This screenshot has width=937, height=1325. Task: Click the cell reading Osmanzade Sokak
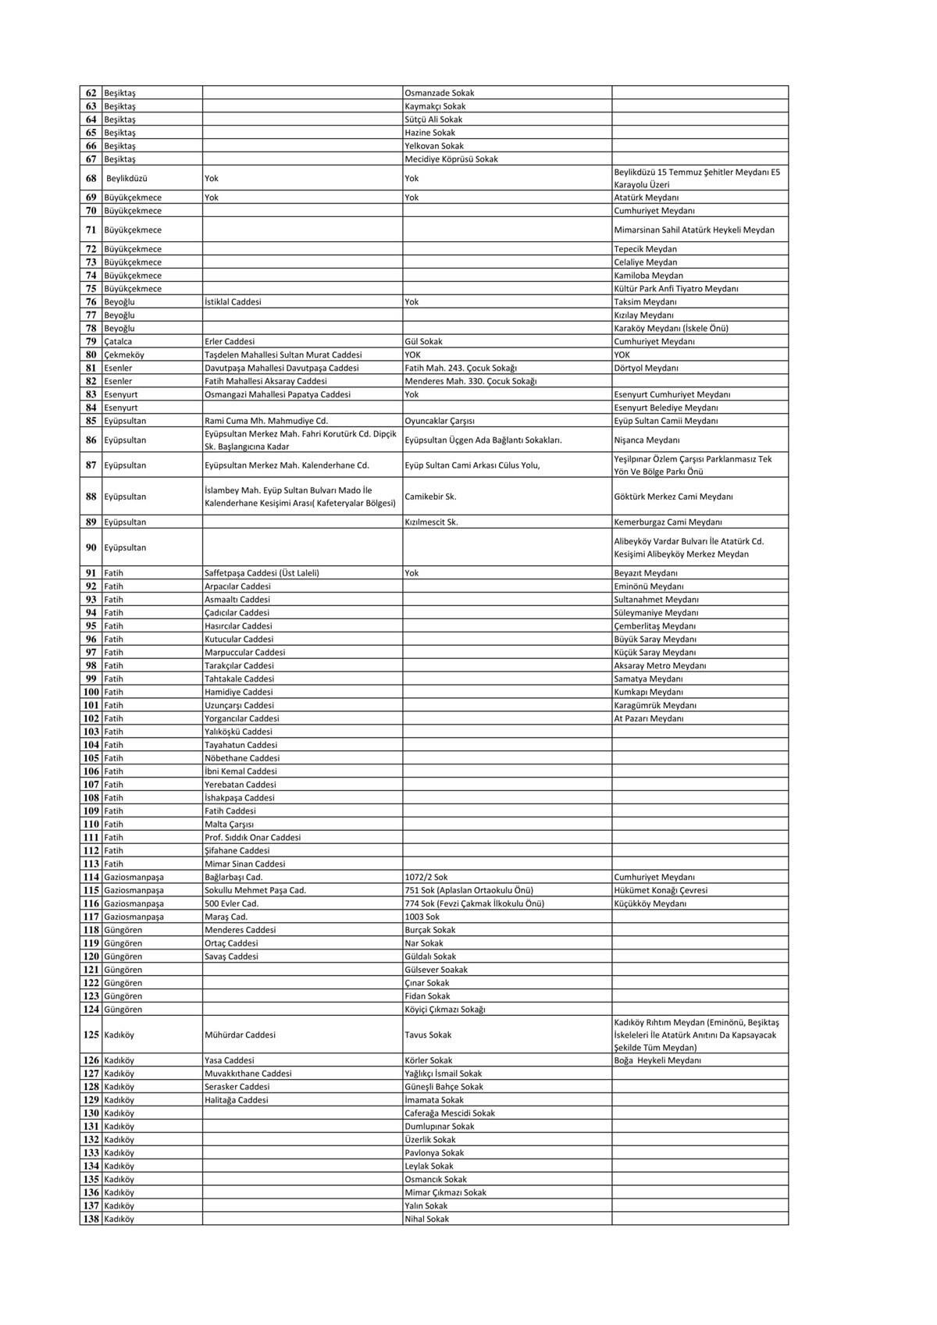point(440,93)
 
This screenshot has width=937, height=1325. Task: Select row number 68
point(91,178)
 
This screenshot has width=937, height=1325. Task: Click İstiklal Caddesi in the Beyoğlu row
point(233,301)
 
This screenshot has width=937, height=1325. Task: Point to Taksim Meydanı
point(645,301)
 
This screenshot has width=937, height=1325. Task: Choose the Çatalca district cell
point(118,341)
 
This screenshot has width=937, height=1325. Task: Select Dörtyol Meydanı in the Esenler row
point(646,368)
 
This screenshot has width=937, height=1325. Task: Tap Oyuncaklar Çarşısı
point(440,421)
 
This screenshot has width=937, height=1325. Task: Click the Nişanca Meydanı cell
point(647,440)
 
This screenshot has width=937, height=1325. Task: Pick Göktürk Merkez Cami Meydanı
point(673,497)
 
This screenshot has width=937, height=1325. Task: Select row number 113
point(91,864)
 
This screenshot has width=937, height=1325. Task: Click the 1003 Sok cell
point(422,917)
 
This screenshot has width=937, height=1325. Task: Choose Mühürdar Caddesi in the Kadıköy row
point(240,1035)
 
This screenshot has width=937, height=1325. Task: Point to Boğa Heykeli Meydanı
point(657,1060)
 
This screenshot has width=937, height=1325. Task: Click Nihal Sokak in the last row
point(427,1219)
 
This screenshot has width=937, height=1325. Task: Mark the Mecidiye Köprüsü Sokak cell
point(451,159)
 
